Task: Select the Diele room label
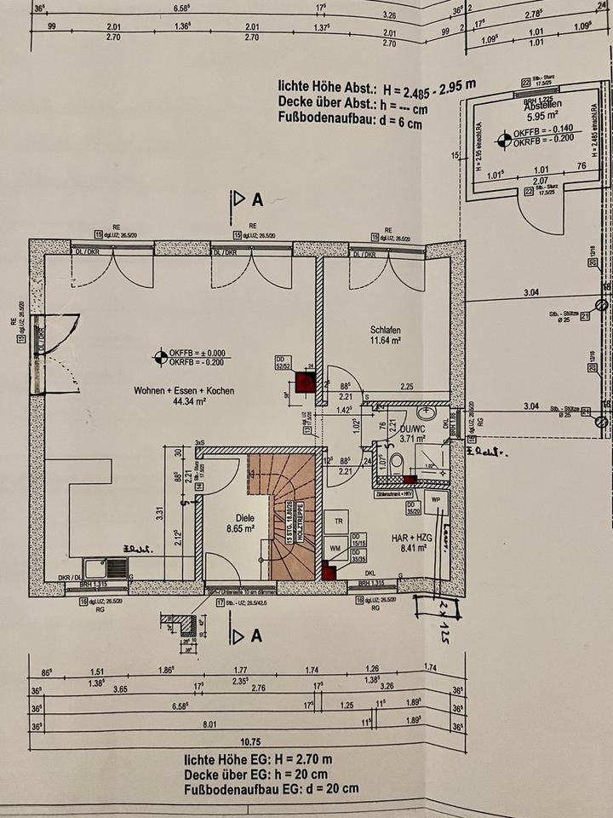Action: coord(221,516)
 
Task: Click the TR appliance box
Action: coord(338,521)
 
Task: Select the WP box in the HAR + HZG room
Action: coord(435,498)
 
